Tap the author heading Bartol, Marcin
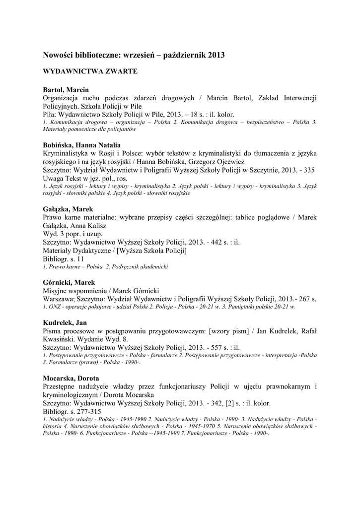pos(66,90)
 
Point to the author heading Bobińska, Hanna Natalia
pos(78,145)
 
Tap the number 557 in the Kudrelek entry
pos(203,348)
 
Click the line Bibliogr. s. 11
pos(64,258)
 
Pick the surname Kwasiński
pos(62,339)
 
